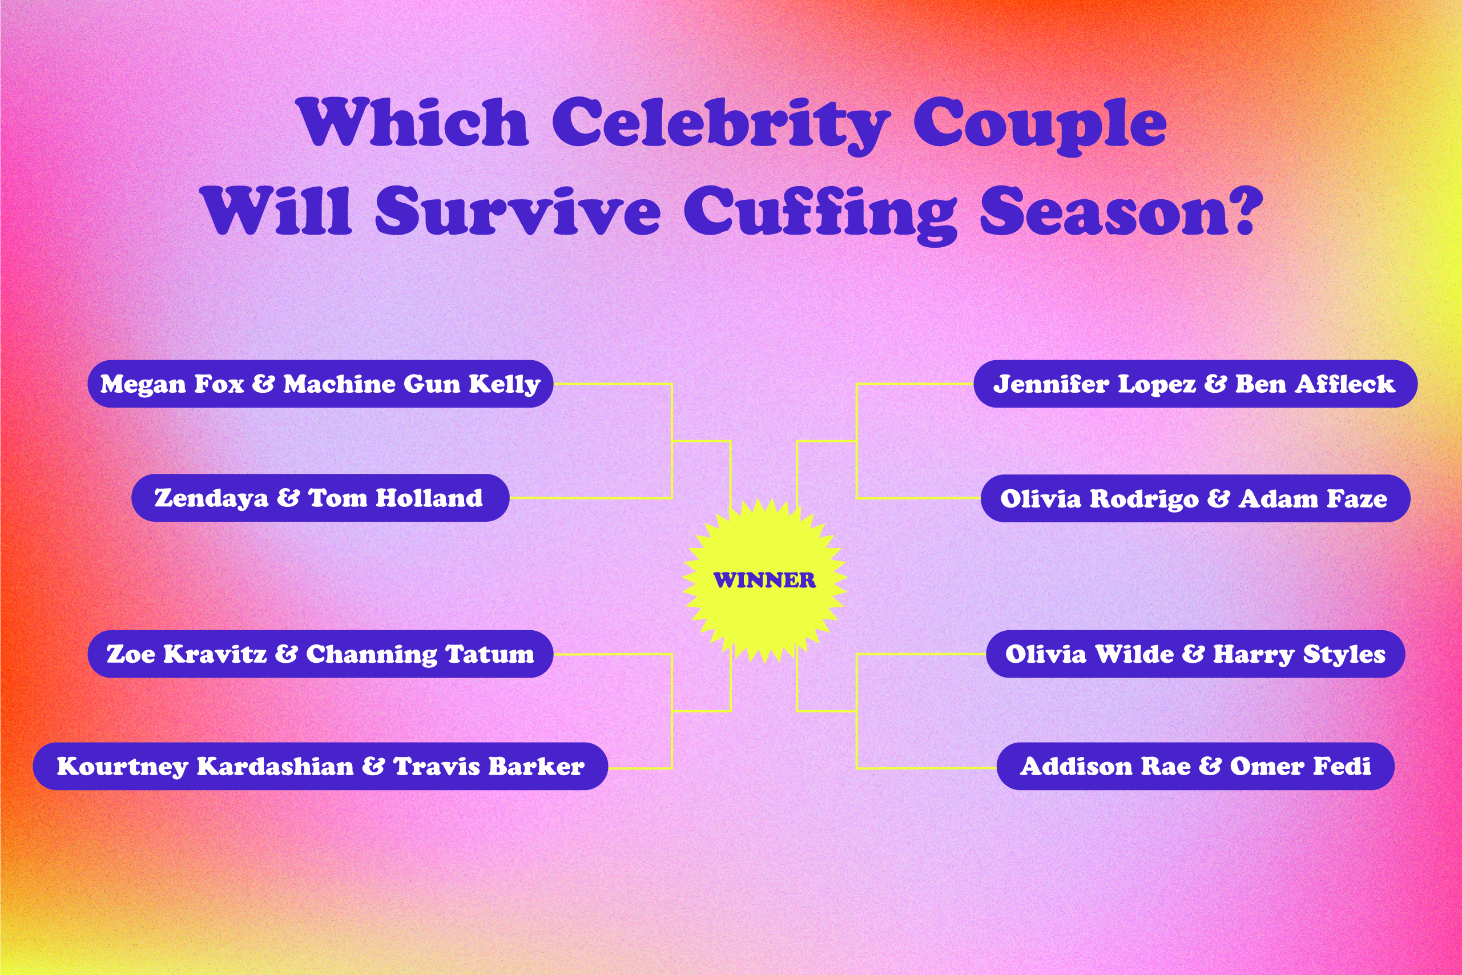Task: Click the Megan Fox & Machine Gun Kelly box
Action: (x=320, y=384)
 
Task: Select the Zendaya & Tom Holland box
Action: (x=320, y=497)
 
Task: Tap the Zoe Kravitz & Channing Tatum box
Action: (x=320, y=654)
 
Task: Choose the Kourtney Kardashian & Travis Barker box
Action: (x=320, y=766)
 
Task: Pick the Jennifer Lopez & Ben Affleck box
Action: (x=1195, y=384)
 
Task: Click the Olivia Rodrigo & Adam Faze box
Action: (x=1195, y=498)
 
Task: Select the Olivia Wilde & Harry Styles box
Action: (x=1195, y=654)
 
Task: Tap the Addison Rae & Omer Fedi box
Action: (x=1195, y=766)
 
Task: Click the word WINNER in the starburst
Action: (x=764, y=580)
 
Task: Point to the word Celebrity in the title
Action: (x=722, y=124)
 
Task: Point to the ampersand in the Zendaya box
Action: (x=288, y=497)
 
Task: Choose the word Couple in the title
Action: (x=1040, y=124)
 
